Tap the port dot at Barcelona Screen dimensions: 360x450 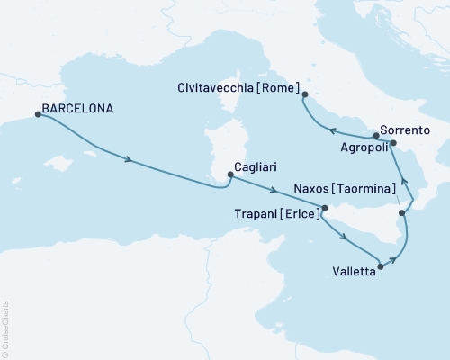37,114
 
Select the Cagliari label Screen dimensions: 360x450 260,166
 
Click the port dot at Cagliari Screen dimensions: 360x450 230,175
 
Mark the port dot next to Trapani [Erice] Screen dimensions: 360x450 326,208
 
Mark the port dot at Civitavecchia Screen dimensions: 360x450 305,94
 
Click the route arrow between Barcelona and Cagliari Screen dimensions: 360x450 131,161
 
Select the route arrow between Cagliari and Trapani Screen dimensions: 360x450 276,190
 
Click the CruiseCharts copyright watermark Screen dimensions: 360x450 5,328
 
